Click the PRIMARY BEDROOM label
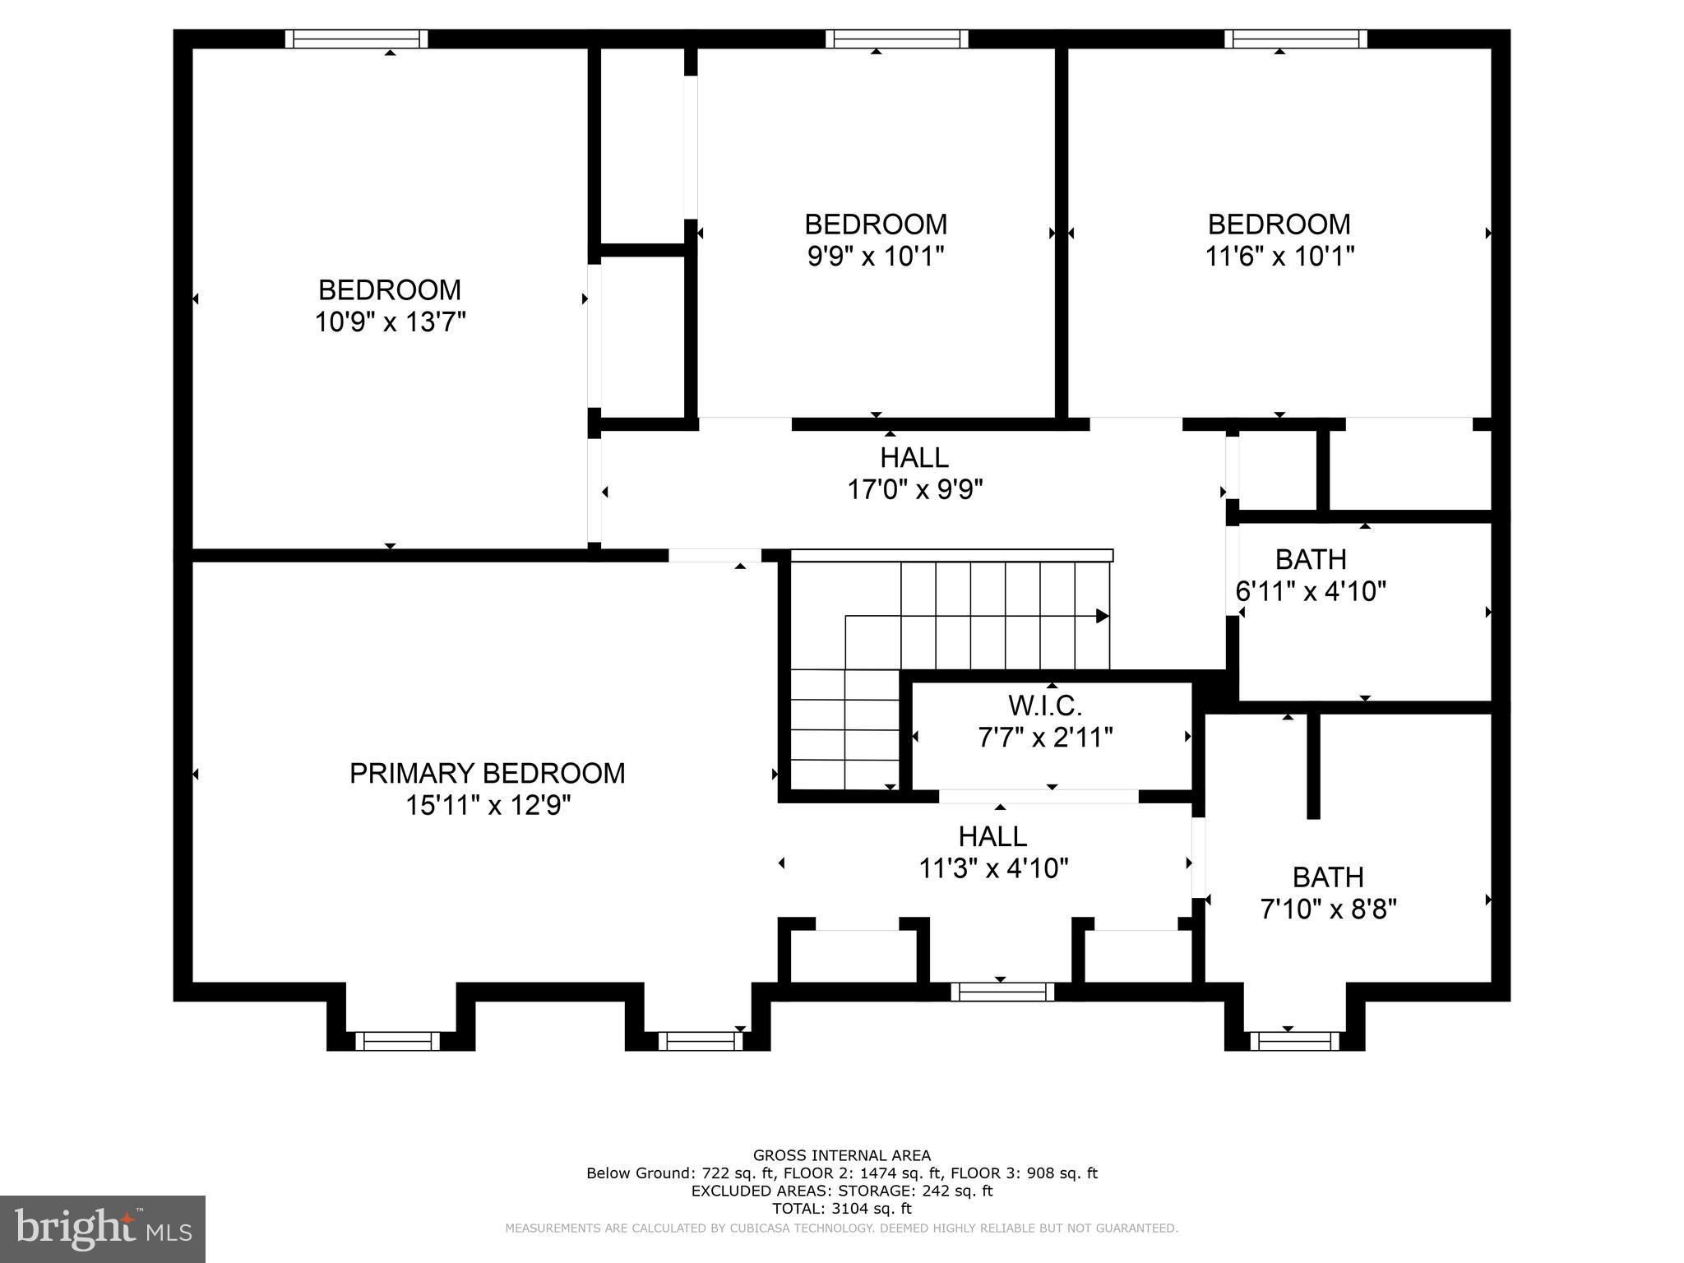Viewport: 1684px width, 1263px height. pos(487,773)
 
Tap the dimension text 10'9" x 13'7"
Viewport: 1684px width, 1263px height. pos(390,322)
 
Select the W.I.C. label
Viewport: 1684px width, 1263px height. pos(1044,705)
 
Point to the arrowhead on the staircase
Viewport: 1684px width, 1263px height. pos(1102,616)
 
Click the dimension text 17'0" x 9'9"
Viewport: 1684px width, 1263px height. pos(914,490)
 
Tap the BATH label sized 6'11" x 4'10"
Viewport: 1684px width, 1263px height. pos(1310,559)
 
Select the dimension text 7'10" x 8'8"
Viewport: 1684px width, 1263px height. pos(1328,909)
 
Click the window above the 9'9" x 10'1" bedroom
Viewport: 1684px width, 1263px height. pos(896,39)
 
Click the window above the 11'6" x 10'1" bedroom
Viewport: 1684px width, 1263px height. pos(1295,39)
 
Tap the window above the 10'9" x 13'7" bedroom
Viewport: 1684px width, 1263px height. pos(356,39)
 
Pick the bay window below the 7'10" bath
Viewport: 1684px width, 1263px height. pos(1294,1041)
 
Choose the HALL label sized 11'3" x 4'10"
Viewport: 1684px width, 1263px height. pos(992,836)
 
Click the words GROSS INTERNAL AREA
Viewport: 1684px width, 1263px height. pos(841,1155)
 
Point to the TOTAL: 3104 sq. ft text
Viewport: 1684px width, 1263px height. pos(841,1209)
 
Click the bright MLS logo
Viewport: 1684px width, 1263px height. pos(102,1228)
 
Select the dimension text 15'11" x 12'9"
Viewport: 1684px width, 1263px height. pos(487,805)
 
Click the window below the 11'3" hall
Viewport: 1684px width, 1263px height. pos(1002,992)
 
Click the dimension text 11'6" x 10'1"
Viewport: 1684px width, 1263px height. pos(1279,257)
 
